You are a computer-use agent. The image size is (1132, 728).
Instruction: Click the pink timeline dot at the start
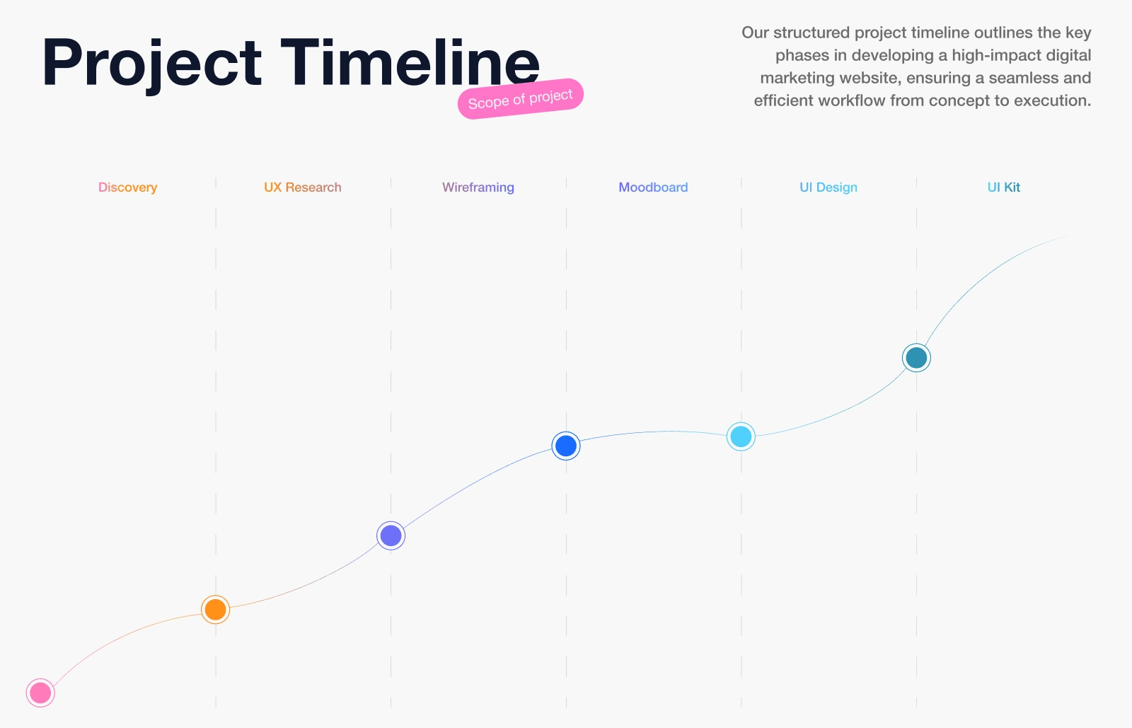[40, 693]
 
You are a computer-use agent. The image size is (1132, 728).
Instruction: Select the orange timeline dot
[215, 609]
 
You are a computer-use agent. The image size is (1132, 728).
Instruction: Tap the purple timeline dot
[391, 536]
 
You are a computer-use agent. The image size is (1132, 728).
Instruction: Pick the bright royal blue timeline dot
[566, 446]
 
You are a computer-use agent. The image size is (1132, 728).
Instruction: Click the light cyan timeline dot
[741, 437]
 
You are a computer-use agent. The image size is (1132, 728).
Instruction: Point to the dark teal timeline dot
[916, 358]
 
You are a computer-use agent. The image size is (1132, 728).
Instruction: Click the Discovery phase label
[128, 187]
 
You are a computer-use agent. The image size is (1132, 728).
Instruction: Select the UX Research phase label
[303, 187]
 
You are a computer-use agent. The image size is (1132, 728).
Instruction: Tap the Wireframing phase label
[478, 187]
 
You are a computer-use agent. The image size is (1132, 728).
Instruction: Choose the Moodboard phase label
[654, 187]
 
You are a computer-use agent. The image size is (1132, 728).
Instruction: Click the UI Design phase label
[828, 187]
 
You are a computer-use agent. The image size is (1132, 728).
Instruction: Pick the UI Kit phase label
[1004, 187]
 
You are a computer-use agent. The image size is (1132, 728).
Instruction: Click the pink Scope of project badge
[521, 99]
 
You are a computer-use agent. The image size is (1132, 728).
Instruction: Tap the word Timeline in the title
[410, 62]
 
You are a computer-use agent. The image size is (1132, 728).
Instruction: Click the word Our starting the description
[755, 33]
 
